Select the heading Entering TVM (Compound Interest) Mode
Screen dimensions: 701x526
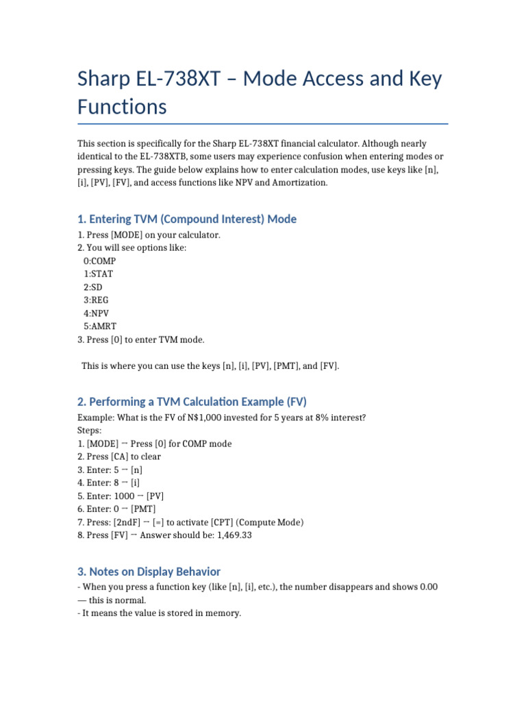pyautogui.click(x=187, y=219)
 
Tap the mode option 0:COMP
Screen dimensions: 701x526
pyautogui.click(x=99, y=261)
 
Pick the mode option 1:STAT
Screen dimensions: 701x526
pyautogui.click(x=99, y=274)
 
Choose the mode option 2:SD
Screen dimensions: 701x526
pyautogui.click(x=93, y=287)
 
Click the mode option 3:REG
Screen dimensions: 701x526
pyautogui.click(x=96, y=300)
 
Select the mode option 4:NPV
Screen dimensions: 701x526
pyautogui.click(x=97, y=313)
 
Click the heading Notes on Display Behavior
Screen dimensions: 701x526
pyautogui.click(x=149, y=571)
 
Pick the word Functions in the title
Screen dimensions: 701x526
pyautogui.click(x=122, y=107)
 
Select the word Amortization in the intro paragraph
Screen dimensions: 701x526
pyautogui.click(x=303, y=182)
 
